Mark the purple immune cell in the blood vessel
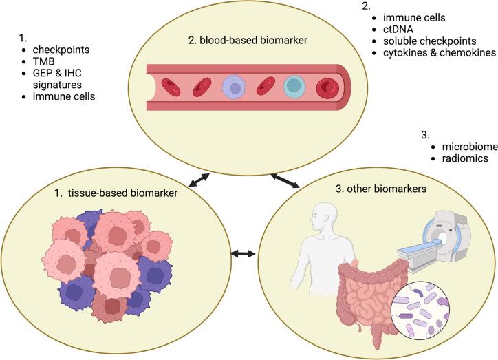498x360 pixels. [x=234, y=87]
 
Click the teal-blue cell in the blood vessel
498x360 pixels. [x=294, y=87]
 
